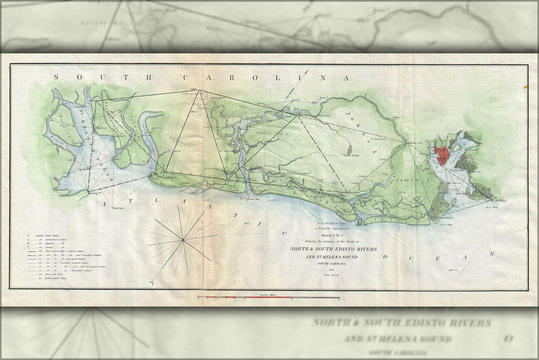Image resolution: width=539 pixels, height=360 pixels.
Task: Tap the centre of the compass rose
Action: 183,240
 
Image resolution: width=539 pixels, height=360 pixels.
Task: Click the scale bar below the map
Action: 268,298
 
